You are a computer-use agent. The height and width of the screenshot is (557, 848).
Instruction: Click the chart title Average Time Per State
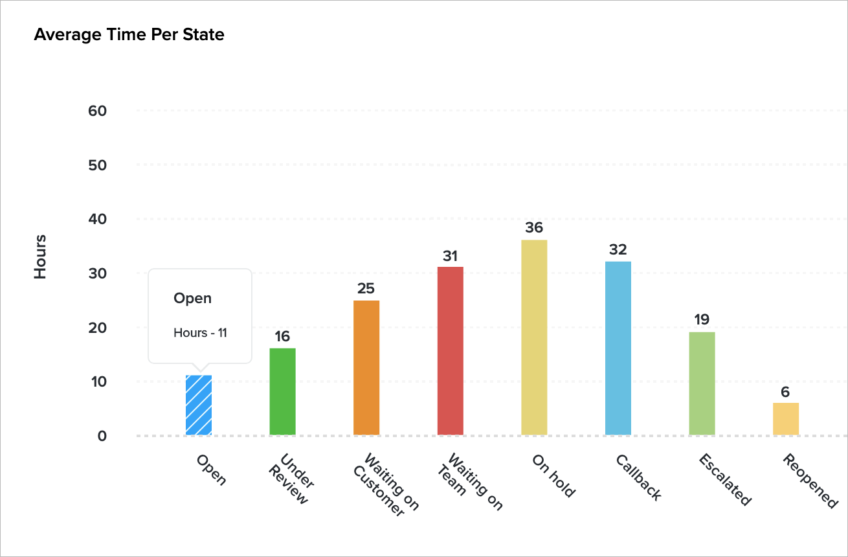click(129, 34)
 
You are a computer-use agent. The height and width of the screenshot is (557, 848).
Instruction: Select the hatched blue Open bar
click(198, 405)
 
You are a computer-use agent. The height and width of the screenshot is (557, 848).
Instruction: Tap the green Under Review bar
click(282, 391)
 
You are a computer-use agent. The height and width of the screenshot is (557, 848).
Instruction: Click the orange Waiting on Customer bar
click(366, 367)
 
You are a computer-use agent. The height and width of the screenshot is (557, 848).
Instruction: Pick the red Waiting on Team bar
click(450, 350)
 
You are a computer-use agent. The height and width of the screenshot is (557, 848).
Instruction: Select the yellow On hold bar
click(534, 337)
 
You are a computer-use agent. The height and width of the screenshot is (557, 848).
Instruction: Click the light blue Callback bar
click(618, 348)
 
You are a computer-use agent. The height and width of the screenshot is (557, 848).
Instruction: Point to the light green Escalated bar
click(702, 383)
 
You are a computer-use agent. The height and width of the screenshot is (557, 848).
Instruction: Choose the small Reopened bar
click(786, 418)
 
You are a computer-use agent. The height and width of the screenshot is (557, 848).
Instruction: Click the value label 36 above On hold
click(534, 228)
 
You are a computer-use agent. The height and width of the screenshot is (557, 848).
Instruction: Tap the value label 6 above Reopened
click(786, 391)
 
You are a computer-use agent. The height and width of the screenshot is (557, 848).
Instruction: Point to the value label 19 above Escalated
click(702, 319)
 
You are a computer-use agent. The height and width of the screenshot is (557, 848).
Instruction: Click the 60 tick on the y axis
click(97, 111)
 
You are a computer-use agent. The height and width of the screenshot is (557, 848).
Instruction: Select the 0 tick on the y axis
click(102, 436)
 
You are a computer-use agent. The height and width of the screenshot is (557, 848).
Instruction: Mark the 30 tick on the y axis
click(97, 273)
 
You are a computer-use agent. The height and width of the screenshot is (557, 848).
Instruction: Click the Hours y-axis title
click(41, 258)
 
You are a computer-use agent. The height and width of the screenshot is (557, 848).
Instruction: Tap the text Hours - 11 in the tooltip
click(200, 333)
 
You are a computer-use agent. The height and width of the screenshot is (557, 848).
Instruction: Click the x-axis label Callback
click(638, 478)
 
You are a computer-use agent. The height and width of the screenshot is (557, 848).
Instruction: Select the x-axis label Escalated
click(724, 479)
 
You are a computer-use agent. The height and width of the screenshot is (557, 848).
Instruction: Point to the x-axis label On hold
click(553, 475)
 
